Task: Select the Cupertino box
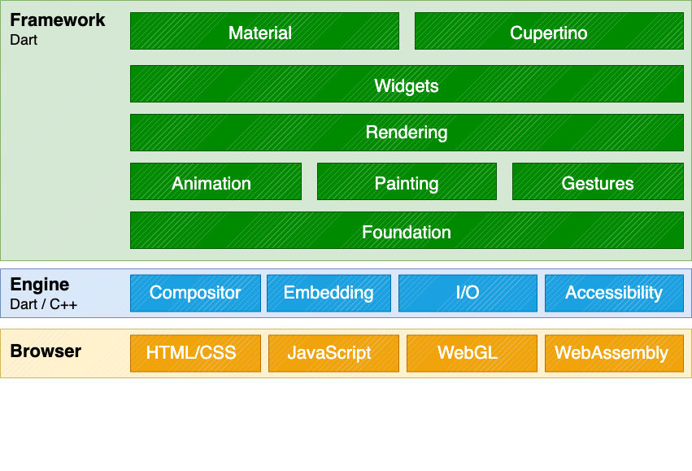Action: click(x=549, y=32)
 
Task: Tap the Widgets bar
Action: click(x=407, y=85)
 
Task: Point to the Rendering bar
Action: click(x=407, y=133)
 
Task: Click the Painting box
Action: click(x=407, y=182)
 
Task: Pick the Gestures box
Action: click(x=598, y=182)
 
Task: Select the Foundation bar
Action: click(x=407, y=231)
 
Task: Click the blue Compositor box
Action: click(x=195, y=293)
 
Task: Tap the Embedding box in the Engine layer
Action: click(x=329, y=293)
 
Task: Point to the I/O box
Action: click(x=468, y=293)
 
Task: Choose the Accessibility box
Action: click(x=614, y=293)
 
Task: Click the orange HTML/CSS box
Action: click(x=195, y=353)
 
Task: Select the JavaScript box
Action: click(x=329, y=353)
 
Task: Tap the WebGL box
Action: click(x=468, y=353)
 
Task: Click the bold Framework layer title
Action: click(x=57, y=20)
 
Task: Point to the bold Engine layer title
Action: click(x=39, y=285)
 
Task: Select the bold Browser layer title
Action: click(x=46, y=351)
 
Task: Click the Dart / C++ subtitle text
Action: click(x=43, y=304)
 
